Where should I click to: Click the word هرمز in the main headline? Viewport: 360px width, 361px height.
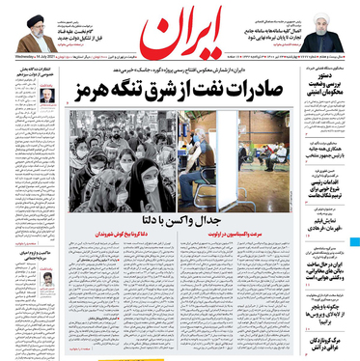(x=88, y=96)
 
